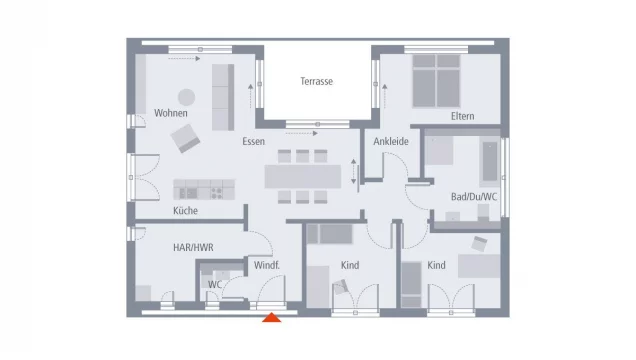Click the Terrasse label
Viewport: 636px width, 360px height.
[316, 82]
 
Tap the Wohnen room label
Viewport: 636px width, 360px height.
[171, 113]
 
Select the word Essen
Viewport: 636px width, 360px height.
[253, 142]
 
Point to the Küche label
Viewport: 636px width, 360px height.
[185, 211]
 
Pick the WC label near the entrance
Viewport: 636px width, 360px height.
[214, 284]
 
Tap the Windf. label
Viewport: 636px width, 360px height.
[266, 265]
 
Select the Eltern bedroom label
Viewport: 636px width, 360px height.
[462, 117]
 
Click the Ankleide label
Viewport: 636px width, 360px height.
[391, 142]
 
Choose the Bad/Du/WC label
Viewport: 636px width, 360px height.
[473, 197]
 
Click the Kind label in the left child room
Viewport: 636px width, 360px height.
[350, 265]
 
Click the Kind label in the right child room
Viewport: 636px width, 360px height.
[436, 265]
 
